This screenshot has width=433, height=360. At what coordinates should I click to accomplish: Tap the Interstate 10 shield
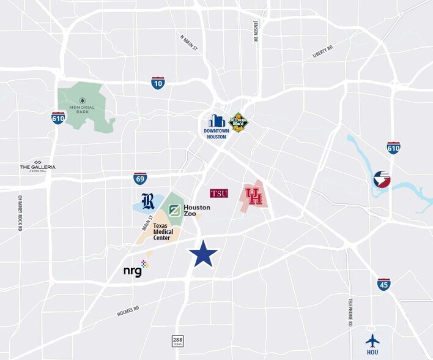pyautogui.click(x=158, y=83)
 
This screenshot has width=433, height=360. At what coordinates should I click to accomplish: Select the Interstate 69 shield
pyautogui.click(x=140, y=179)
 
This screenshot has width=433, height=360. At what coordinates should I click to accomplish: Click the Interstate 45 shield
pyautogui.click(x=383, y=284)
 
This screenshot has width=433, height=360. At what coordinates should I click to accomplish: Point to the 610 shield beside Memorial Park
pyautogui.click(x=58, y=118)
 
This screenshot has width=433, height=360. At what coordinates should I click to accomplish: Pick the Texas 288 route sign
pyautogui.click(x=178, y=340)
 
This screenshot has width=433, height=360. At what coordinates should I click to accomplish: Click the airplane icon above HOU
pyautogui.click(x=372, y=341)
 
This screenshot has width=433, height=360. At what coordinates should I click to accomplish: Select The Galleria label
pyautogui.click(x=37, y=167)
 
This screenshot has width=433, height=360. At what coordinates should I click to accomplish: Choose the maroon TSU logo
pyautogui.click(x=219, y=193)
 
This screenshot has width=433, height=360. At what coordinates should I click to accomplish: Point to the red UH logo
pyautogui.click(x=253, y=196)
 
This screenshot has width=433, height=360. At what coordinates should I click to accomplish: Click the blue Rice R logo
pyautogui.click(x=148, y=201)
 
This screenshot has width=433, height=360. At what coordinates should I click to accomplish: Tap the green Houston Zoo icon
pyautogui.click(x=174, y=211)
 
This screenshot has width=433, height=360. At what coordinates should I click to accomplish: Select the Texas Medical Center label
pyautogui.click(x=163, y=231)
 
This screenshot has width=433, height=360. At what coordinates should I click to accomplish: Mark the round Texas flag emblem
pyautogui.click(x=382, y=179)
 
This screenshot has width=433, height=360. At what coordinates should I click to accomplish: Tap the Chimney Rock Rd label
pyautogui.click(x=20, y=213)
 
